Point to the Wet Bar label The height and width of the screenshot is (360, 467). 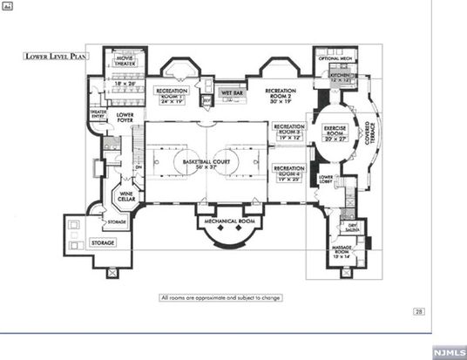click(x=231, y=92)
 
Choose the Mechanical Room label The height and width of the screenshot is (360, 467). click(x=228, y=221)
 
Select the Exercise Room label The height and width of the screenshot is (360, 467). click(x=335, y=135)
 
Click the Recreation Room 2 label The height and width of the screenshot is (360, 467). click(x=284, y=93)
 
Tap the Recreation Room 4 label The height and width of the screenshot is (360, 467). click(x=288, y=172)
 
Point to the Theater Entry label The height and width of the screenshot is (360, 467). click(x=98, y=114)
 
